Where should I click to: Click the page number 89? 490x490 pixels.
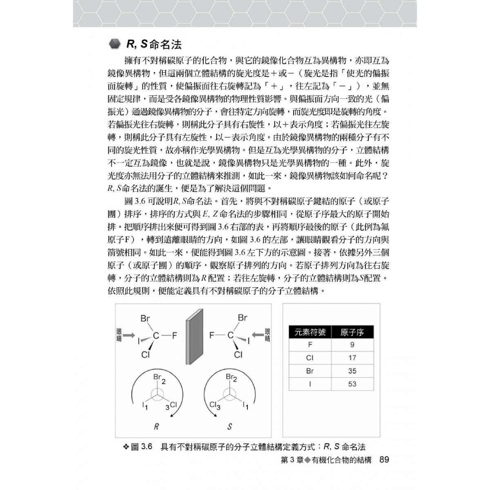(384, 460)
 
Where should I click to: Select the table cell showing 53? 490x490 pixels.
(352, 384)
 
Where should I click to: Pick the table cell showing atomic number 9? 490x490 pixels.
(352, 345)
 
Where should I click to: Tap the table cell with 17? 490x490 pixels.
(352, 358)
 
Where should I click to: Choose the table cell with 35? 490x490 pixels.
(352, 371)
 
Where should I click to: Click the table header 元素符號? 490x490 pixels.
(310, 332)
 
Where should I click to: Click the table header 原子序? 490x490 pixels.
(352, 332)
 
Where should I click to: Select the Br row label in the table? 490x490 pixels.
(310, 371)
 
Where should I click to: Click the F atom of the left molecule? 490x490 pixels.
(174, 336)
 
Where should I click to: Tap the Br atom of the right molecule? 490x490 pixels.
(243, 318)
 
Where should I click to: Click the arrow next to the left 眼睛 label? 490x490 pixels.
(129, 335)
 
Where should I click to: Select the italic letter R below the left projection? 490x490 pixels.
(156, 427)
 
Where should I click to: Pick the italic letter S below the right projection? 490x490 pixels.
(229, 427)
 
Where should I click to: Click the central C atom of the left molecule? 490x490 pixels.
(156, 336)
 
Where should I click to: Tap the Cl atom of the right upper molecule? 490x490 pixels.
(238, 355)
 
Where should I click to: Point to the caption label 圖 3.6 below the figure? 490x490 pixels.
(142, 447)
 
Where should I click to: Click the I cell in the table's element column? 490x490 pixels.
(310, 384)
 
